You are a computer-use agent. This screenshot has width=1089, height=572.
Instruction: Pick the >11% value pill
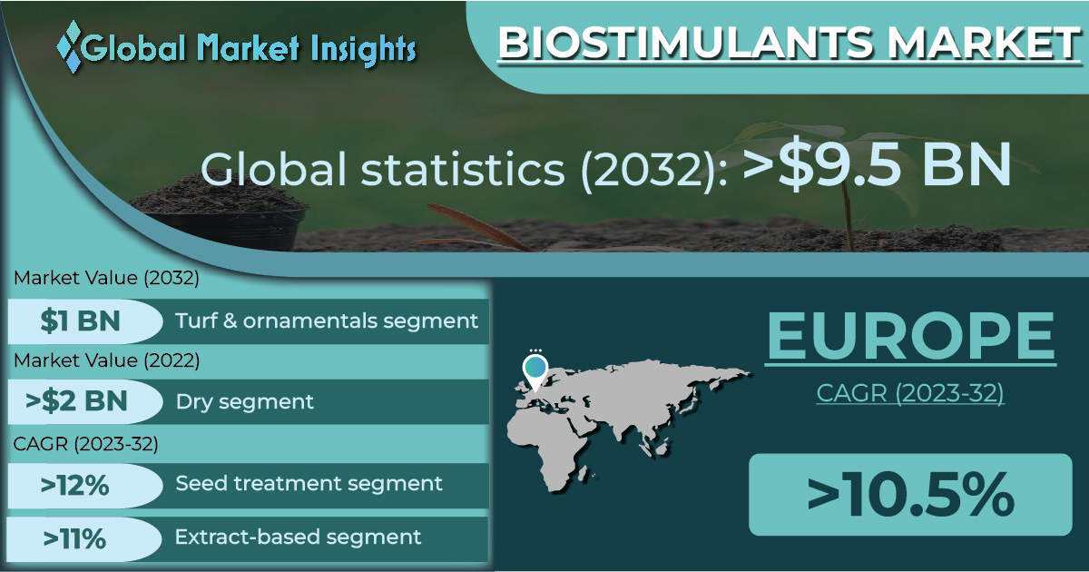click(x=83, y=539)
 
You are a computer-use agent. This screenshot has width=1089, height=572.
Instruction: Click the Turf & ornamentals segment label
click(x=327, y=321)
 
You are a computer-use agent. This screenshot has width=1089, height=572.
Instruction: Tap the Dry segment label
click(x=244, y=402)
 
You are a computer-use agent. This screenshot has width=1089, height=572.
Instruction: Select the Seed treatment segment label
click(x=309, y=484)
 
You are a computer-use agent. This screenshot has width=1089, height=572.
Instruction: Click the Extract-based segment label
click(x=298, y=537)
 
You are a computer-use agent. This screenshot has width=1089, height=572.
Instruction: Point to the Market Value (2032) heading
click(x=106, y=278)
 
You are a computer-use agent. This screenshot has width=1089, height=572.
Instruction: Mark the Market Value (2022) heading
click(x=106, y=361)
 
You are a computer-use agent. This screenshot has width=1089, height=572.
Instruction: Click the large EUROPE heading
click(x=910, y=336)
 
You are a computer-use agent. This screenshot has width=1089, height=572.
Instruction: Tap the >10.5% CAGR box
click(x=910, y=495)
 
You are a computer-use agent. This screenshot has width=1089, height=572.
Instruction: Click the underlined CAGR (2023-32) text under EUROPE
click(x=910, y=393)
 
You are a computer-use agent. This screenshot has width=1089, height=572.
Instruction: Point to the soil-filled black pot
click(x=221, y=214)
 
